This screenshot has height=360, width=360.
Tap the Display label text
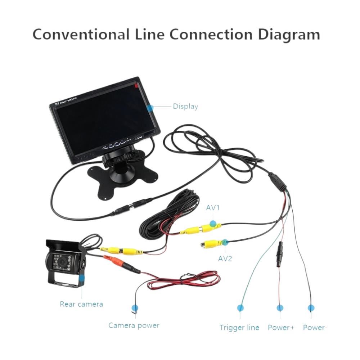pos(185,107)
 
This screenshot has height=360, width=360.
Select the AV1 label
pos(213,208)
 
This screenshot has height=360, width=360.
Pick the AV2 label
pos(225,258)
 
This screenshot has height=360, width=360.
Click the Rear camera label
pos(81,304)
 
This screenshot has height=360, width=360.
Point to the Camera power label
pos(134,325)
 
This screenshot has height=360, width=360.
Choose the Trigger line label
pos(239,328)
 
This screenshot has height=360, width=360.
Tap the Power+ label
pos(281,328)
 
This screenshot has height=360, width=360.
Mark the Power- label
pos(314,328)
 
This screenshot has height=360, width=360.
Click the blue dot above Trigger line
pos(240,308)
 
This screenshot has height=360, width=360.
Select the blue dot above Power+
pos(280,308)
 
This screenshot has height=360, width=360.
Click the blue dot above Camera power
pos(135,308)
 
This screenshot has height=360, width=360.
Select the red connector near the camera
pos(112,260)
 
